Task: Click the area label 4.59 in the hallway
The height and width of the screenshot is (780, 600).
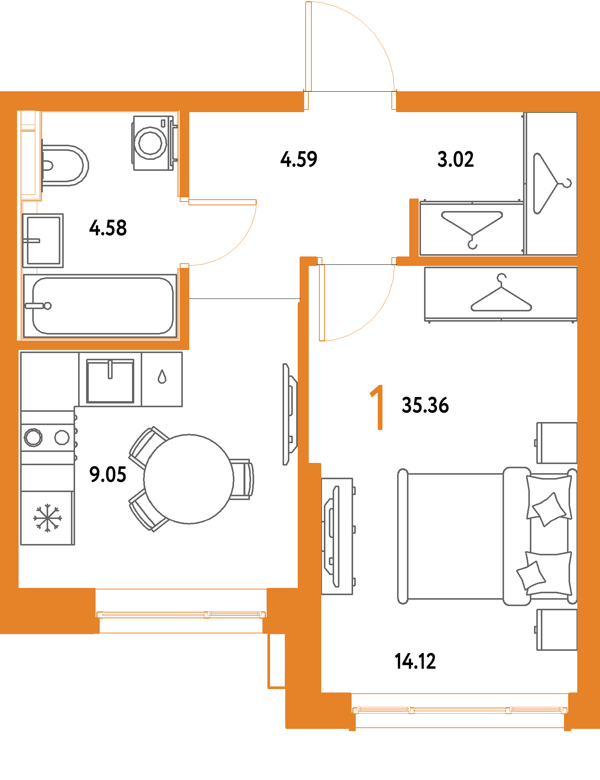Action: (x=298, y=159)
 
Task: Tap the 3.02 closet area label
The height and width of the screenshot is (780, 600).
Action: (x=455, y=159)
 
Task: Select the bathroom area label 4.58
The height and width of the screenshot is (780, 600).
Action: (x=108, y=228)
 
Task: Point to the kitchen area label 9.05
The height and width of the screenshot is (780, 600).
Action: (x=108, y=475)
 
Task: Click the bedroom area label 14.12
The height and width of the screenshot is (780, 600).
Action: (x=416, y=661)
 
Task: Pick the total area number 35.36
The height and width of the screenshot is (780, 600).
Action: (x=425, y=405)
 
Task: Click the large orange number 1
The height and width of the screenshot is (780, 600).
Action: (x=378, y=408)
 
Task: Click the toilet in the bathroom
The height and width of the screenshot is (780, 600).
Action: (x=64, y=166)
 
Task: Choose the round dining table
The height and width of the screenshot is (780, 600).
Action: (x=188, y=479)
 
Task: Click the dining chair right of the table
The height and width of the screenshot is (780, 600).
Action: (x=242, y=479)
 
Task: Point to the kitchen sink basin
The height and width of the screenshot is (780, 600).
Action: (x=110, y=381)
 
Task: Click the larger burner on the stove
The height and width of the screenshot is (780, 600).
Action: (x=33, y=438)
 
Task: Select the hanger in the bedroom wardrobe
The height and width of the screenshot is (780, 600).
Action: (x=501, y=294)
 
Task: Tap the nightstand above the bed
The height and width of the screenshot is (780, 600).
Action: (x=557, y=443)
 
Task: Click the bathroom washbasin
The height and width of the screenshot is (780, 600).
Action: (x=43, y=241)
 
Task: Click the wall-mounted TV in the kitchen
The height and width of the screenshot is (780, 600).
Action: (x=289, y=414)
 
